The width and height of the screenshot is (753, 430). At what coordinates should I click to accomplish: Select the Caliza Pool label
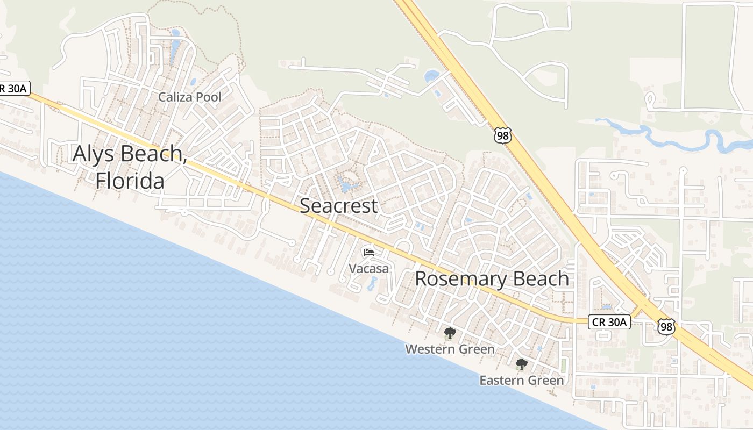tap(189, 97)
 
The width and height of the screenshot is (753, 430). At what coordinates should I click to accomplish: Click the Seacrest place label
tap(339, 206)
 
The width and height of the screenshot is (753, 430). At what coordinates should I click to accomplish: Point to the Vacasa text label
tap(368, 268)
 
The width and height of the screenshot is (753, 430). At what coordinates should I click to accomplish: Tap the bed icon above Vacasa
tap(368, 252)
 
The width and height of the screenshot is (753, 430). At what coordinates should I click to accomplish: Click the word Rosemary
tap(461, 279)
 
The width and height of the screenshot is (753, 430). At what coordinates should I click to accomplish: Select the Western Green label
tap(450, 349)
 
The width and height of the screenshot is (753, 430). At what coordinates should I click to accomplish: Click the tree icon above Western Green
tap(450, 333)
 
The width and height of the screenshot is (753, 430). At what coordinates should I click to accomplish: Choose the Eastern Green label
tap(521, 381)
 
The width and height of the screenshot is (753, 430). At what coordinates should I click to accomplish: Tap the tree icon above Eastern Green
tap(521, 364)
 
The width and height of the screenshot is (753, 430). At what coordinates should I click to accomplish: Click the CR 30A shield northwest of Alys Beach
tap(13, 89)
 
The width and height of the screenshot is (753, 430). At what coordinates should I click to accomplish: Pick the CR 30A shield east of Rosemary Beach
tap(609, 322)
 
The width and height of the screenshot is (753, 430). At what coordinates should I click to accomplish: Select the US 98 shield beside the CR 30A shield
tap(665, 326)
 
